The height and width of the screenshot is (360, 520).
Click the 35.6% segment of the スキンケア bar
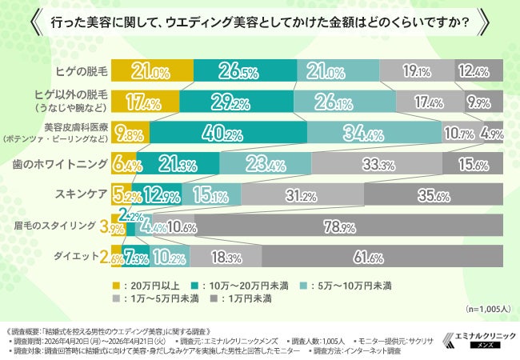pyautogui.click(x=433, y=194)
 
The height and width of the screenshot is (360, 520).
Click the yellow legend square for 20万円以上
pyautogui.click(x=115, y=283)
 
